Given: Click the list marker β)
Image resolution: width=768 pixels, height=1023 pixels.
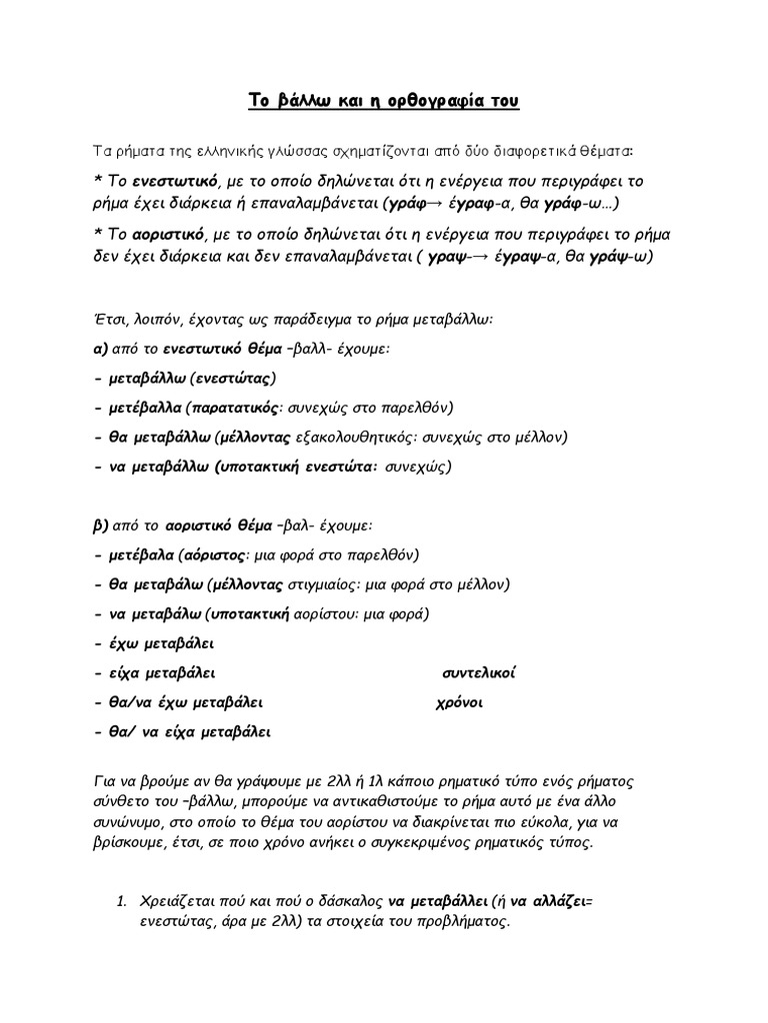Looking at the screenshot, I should click(99, 524).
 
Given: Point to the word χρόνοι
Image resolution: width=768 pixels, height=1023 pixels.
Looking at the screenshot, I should click(460, 701).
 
